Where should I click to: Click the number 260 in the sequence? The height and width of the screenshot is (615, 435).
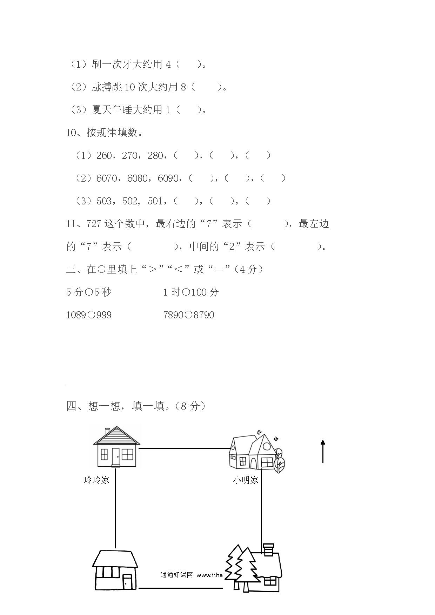pos(104,155)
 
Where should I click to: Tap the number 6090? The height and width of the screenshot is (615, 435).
pos(168,178)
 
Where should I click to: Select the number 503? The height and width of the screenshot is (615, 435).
pos(104,201)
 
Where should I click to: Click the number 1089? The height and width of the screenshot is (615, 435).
pos(76,315)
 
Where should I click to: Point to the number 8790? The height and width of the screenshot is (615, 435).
pos(204,315)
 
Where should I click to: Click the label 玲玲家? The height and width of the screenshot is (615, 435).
pos(96,480)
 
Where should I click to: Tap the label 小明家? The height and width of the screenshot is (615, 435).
pos(246,480)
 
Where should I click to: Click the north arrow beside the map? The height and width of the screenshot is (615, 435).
pos(323,452)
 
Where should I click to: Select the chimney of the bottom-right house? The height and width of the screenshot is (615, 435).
pos(268,549)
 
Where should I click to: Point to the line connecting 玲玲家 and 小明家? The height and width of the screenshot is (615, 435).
pos(184,448)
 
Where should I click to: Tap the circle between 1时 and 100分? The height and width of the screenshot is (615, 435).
pos(186,292)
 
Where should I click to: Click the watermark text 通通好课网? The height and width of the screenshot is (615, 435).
pos(177,575)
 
